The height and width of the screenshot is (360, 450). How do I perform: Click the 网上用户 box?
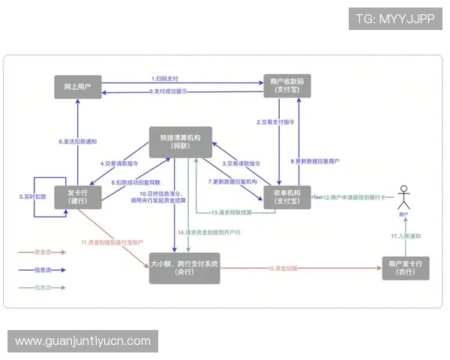(78, 86)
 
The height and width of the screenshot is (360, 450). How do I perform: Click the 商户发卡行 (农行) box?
(406, 268)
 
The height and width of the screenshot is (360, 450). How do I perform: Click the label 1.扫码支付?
(166, 79)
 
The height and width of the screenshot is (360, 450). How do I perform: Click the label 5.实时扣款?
(33, 196)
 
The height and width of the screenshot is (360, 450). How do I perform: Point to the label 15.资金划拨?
(283, 268)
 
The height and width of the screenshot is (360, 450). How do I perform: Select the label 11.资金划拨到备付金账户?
(113, 242)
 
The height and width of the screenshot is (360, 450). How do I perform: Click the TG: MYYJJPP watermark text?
(395, 19)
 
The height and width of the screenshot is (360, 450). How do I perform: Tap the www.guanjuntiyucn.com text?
(83, 341)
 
